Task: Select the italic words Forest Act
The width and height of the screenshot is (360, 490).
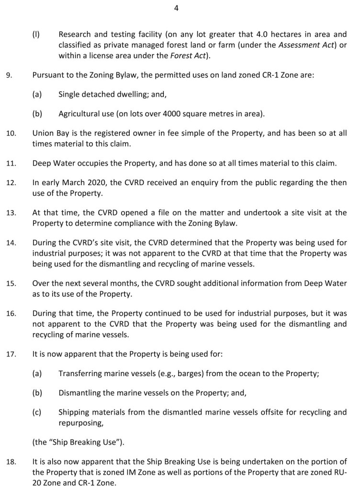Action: tap(187, 56)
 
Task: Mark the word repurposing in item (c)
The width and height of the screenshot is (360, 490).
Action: tap(80, 423)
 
